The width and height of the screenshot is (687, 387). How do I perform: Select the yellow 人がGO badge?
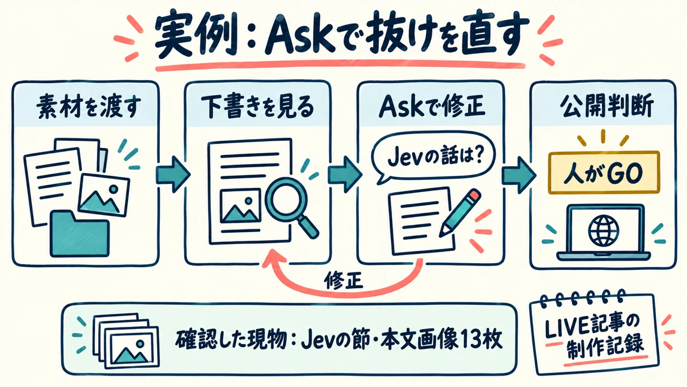coord(604,173)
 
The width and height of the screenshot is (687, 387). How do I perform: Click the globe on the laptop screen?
coord(603,231)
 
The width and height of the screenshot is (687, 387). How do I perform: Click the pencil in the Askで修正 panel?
coord(460,212)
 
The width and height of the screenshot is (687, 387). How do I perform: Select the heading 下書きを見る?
coord(258,107)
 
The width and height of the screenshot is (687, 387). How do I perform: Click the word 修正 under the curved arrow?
coord(343,280)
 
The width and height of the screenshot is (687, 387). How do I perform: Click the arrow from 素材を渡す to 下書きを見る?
coord(173,174)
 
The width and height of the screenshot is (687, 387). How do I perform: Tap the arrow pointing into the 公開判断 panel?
coord(518,175)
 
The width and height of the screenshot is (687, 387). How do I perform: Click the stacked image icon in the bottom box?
coord(126,340)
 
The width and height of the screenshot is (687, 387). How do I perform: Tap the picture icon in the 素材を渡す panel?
coord(104,195)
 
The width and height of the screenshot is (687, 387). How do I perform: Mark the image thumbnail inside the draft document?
coord(241,206)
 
